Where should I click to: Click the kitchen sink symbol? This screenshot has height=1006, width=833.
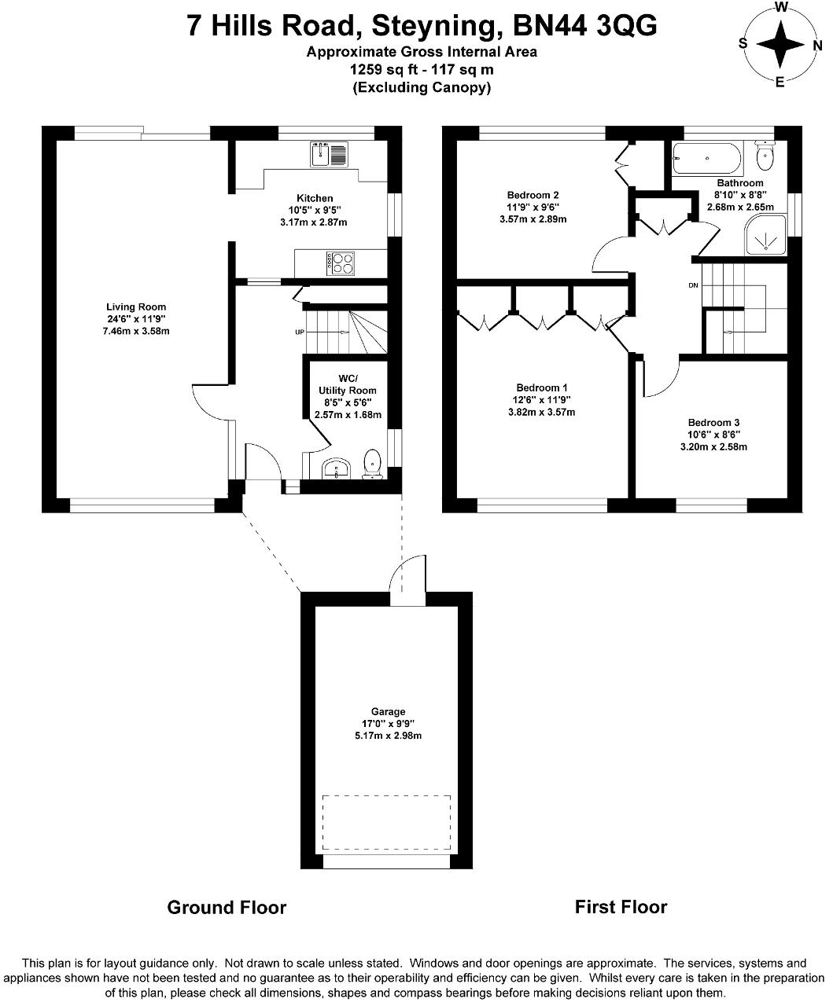[x=329, y=154]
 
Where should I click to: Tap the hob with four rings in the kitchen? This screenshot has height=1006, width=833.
[x=340, y=263]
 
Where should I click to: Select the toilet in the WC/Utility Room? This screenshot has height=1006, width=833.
[x=372, y=464]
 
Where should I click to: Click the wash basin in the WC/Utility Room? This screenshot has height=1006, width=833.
[x=336, y=468]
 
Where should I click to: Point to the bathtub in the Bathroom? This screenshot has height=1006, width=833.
[x=707, y=159]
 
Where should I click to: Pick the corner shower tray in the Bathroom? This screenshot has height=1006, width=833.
[x=765, y=235]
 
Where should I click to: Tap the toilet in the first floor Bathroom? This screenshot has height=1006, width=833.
[x=765, y=155]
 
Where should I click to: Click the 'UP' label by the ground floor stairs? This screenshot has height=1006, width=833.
[x=300, y=332]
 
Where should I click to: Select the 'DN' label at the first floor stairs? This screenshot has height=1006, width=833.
[x=693, y=285]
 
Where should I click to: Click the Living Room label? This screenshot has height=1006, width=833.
[x=136, y=307]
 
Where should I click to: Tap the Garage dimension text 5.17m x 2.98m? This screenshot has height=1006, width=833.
[x=389, y=736]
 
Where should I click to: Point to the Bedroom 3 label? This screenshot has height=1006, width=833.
[x=714, y=423]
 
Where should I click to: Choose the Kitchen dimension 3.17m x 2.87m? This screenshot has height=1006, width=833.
[x=314, y=222]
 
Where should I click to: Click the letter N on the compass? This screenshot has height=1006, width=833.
[x=817, y=46]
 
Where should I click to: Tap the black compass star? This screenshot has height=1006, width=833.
[x=780, y=45]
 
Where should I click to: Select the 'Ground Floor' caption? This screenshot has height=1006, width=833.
[x=227, y=908]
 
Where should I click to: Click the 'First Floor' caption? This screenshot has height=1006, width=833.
[x=621, y=907]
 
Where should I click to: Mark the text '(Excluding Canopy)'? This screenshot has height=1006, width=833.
[x=422, y=88]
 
